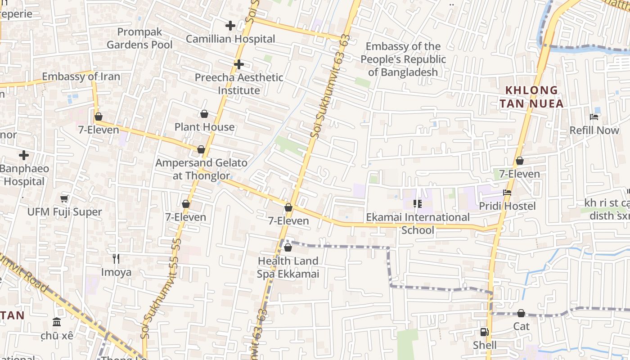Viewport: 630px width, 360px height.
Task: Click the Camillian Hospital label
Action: [x=230, y=39]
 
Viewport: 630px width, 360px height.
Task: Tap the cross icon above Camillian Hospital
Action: [x=230, y=26]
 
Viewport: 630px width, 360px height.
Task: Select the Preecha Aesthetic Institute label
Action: [x=239, y=84]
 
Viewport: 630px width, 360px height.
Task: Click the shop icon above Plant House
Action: [x=204, y=114]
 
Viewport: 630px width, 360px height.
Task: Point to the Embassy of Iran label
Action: [x=81, y=76]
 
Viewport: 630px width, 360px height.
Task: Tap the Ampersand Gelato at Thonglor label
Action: [x=201, y=169]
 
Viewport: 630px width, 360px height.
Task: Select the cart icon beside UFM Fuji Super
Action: [x=64, y=198]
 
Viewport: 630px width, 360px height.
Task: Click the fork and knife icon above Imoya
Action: [x=116, y=258]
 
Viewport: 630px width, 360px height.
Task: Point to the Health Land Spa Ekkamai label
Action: [x=288, y=267]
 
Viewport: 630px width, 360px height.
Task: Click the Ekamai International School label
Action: [x=418, y=224]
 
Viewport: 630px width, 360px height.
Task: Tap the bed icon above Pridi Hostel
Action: [x=507, y=193]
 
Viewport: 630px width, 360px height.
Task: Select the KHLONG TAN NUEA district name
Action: [x=531, y=97]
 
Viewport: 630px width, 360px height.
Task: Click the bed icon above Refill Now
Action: [x=594, y=117]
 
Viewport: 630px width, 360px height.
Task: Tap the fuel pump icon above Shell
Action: [x=484, y=332]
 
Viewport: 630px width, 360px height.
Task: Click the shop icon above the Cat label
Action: [x=521, y=313]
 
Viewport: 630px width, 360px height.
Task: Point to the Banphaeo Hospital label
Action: [x=24, y=175]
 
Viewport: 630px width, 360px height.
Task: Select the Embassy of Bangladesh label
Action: [x=403, y=59]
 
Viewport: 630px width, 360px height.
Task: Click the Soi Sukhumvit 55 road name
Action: [x=162, y=288]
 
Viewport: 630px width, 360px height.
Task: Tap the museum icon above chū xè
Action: [x=57, y=322]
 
